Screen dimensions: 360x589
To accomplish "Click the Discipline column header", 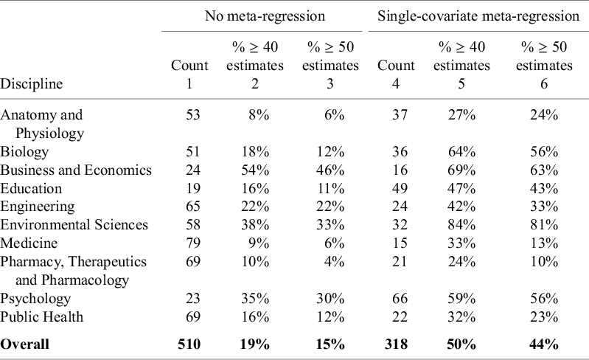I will [31, 84].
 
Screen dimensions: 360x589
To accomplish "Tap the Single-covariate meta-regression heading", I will [475, 15].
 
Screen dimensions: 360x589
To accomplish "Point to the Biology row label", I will [24, 152].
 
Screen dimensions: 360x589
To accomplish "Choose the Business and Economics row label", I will [76, 170].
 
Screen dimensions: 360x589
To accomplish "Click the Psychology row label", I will [35, 299].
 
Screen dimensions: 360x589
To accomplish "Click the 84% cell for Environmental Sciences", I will [461, 225].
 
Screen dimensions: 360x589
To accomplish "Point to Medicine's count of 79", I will [189, 243].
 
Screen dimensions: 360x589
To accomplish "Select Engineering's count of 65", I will [189, 207].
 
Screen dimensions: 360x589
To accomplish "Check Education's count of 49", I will [396, 189].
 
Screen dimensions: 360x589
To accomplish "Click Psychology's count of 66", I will [396, 299].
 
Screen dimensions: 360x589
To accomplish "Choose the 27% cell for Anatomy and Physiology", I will [461, 115].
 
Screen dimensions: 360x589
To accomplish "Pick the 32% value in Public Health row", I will [461, 317].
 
